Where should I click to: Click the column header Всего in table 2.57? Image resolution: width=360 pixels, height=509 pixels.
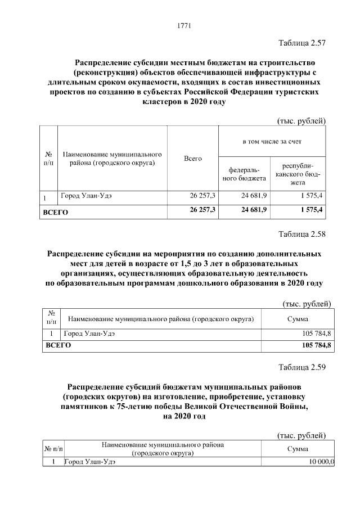(192, 159)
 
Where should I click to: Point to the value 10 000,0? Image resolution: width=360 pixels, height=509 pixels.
(321, 462)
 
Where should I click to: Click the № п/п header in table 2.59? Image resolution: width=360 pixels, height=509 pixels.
(53, 449)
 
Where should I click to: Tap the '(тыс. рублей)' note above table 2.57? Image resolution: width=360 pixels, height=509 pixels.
(301, 120)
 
